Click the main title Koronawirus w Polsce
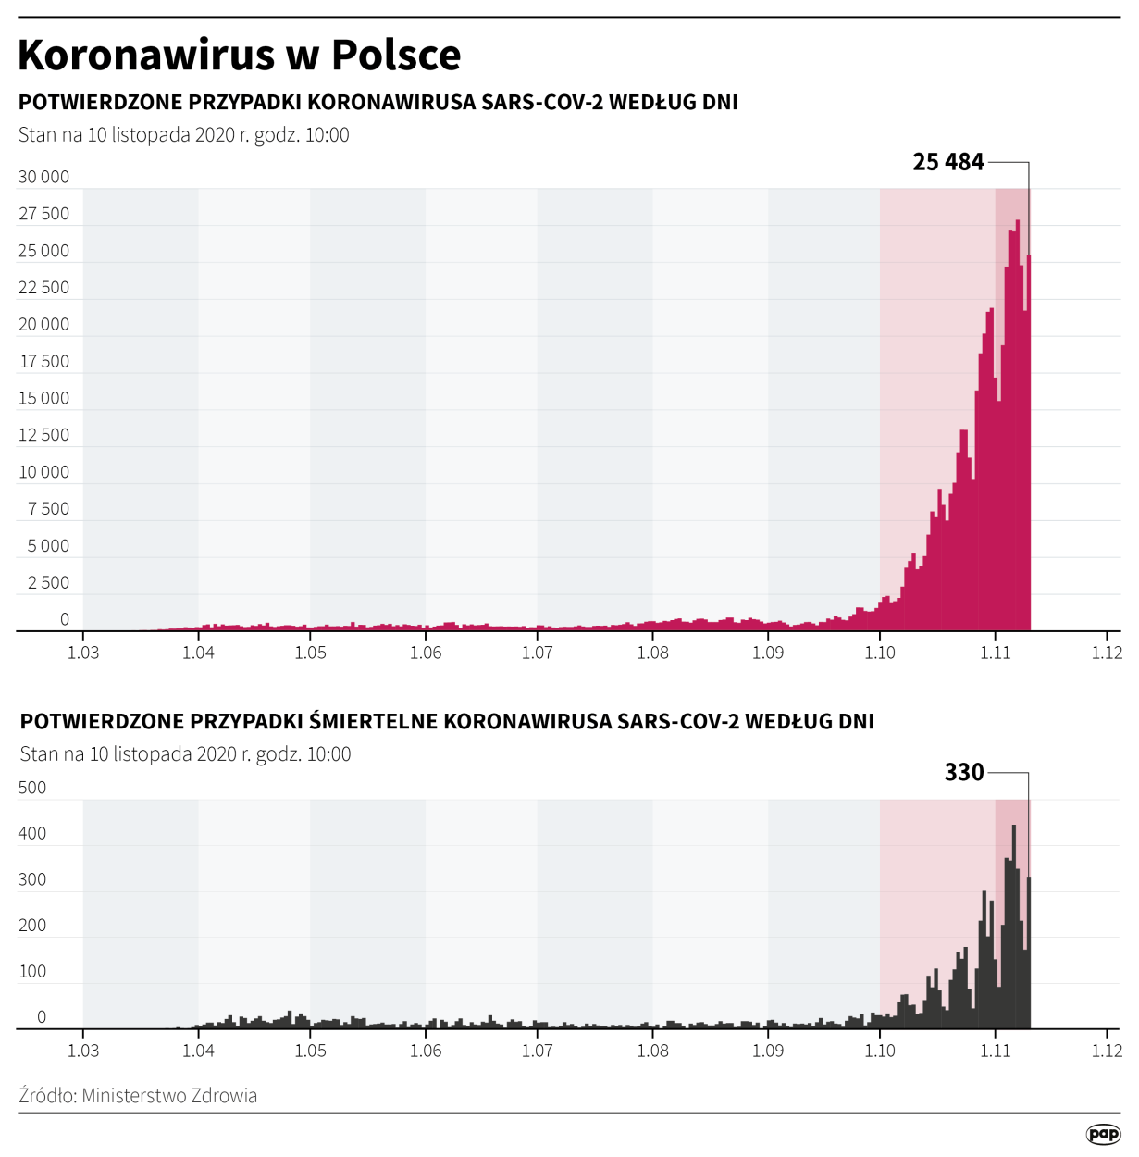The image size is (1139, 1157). [x=239, y=55]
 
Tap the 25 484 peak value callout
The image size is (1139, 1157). [x=947, y=162]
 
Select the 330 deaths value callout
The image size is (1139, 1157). [x=963, y=772]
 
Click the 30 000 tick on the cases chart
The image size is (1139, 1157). [x=43, y=177]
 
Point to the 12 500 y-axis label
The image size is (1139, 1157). [x=43, y=435]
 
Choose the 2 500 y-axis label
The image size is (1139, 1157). [x=48, y=582]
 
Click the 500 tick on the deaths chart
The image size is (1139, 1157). [x=32, y=788]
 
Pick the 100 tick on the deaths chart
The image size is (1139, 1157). [x=32, y=971]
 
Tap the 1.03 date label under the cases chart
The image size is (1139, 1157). [x=83, y=653]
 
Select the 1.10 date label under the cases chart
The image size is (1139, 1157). [x=880, y=653]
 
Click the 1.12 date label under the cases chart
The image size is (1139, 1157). [x=1107, y=653]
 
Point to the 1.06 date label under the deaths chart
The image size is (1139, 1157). [x=426, y=1051]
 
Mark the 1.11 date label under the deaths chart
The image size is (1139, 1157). [x=996, y=1051]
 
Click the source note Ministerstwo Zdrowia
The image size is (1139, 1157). [x=138, y=1096]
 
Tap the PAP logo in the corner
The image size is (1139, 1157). [x=1103, y=1134]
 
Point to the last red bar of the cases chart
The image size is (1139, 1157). [x=1028, y=444]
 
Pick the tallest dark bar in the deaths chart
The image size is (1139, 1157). [x=1014, y=926]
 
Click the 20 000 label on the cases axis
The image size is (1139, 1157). [x=43, y=324]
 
